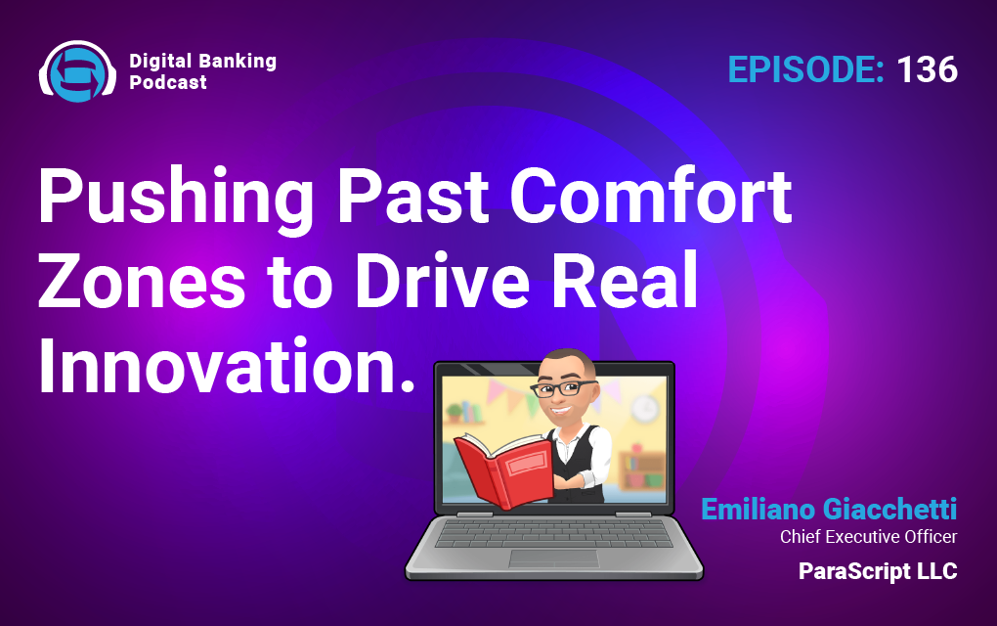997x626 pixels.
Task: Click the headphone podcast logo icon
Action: click(x=77, y=71)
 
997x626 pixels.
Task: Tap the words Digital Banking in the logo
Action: click(x=203, y=61)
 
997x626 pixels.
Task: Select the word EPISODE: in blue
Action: click(x=805, y=69)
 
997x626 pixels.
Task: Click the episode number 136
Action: click(x=927, y=69)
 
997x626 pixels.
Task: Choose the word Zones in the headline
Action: click(x=142, y=281)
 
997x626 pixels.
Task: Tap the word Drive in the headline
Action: click(x=442, y=280)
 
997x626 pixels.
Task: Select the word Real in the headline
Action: click(x=625, y=280)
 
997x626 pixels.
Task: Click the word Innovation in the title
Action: click(x=220, y=367)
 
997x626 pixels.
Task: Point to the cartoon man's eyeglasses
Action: click(x=563, y=387)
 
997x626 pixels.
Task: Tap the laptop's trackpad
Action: click(x=553, y=559)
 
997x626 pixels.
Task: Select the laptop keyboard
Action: click(x=554, y=532)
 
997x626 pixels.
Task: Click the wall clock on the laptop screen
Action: click(x=645, y=407)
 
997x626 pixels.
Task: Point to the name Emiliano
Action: click(x=758, y=509)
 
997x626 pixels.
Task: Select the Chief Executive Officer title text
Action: click(x=869, y=537)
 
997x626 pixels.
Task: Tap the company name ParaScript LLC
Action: click(x=878, y=571)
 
